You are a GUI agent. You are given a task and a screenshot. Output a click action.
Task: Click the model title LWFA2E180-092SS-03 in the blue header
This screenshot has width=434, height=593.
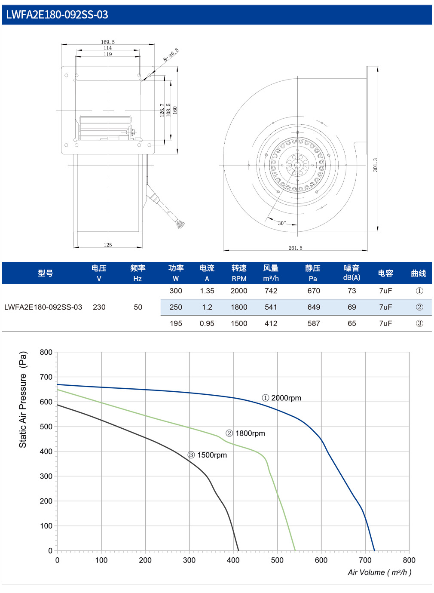click(x=57, y=15)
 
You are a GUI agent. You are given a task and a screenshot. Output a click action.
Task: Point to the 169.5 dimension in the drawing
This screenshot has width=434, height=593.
click(x=108, y=42)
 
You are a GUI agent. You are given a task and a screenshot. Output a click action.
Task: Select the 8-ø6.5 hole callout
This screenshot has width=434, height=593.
click(x=171, y=55)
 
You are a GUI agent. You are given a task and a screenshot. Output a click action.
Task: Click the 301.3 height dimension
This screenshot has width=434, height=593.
click(x=375, y=165)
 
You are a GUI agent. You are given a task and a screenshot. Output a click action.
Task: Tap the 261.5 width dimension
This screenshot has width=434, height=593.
click(x=295, y=248)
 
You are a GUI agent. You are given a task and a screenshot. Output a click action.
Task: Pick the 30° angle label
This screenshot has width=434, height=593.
click(x=282, y=223)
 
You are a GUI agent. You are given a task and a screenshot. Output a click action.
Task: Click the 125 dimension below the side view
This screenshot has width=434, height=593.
click(x=108, y=245)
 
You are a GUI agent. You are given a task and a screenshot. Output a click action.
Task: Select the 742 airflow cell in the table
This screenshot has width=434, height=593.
click(x=271, y=291)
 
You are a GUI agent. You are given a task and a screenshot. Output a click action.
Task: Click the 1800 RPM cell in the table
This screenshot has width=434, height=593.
click(x=239, y=307)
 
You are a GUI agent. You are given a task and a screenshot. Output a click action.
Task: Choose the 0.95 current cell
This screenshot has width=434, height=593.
click(x=207, y=323)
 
